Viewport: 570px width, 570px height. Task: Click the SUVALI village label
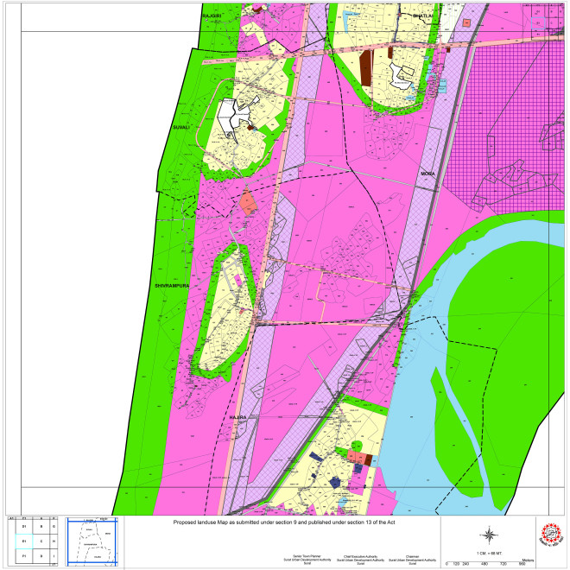(x=180, y=126)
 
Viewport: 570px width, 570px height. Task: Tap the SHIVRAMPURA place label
(x=171, y=284)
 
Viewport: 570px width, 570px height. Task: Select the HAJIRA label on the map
(x=238, y=417)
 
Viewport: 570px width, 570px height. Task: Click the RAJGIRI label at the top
(x=212, y=16)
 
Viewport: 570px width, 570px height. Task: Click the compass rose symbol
(x=489, y=534)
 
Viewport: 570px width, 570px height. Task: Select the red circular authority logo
(x=549, y=535)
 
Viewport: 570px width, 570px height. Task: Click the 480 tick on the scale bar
(x=484, y=564)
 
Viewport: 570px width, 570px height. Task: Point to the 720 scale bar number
(x=503, y=564)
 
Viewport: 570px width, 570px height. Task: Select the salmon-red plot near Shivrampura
(x=249, y=204)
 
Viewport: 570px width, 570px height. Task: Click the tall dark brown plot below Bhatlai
(x=366, y=67)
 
